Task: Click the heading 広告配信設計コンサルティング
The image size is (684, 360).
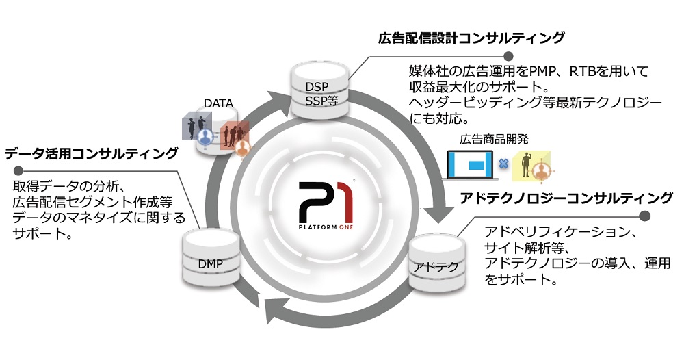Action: point(471,38)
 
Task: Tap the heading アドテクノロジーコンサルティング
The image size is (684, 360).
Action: point(567,198)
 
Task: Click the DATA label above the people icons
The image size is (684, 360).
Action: point(218,103)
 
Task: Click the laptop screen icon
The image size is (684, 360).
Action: point(471,164)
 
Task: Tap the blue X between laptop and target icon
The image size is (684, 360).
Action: point(503,164)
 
